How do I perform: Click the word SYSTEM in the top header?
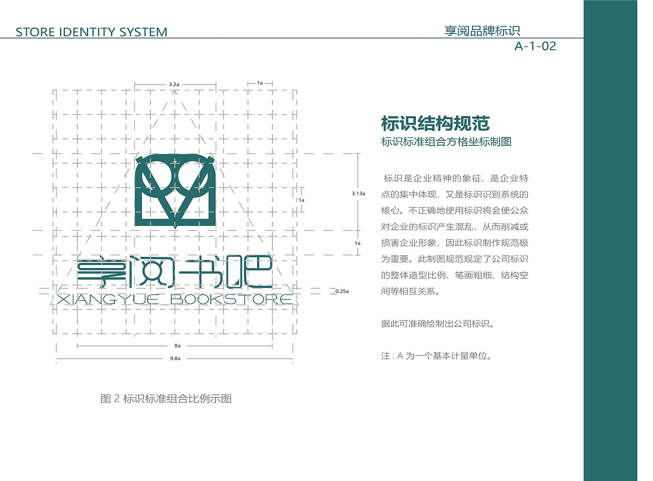143,32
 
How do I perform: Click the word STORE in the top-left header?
34,32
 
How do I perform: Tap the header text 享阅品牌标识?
482,31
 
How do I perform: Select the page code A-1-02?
535,46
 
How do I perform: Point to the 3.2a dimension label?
173,84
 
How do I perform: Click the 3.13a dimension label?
358,194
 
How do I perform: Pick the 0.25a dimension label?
342,291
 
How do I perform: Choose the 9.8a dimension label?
175,359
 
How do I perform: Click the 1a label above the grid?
260,83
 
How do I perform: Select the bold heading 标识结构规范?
435,123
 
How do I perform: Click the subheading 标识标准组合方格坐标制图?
446,142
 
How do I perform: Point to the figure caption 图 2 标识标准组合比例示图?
166,398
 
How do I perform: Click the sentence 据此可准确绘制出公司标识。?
437,324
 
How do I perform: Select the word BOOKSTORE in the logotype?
231,299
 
